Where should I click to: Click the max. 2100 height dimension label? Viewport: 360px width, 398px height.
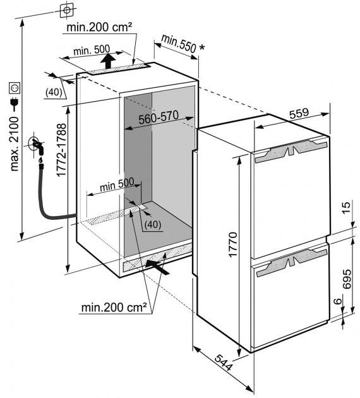15,144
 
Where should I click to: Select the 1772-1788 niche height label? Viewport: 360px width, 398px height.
61,150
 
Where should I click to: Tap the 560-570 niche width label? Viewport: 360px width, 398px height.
159,118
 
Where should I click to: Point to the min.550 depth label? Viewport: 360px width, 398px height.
179,44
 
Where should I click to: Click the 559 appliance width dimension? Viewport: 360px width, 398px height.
299,113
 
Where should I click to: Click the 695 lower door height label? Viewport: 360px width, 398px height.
347,279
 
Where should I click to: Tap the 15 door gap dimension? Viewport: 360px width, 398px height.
346,208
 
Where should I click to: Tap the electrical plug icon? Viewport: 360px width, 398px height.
15,104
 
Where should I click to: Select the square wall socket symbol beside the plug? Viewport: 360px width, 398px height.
15,88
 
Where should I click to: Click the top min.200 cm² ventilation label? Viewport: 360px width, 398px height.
99,27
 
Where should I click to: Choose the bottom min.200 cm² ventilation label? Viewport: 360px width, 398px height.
114,308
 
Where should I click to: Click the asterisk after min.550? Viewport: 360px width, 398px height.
201,47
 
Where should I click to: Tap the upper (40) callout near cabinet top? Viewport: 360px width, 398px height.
54,92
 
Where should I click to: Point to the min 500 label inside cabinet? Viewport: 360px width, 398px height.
117,184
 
